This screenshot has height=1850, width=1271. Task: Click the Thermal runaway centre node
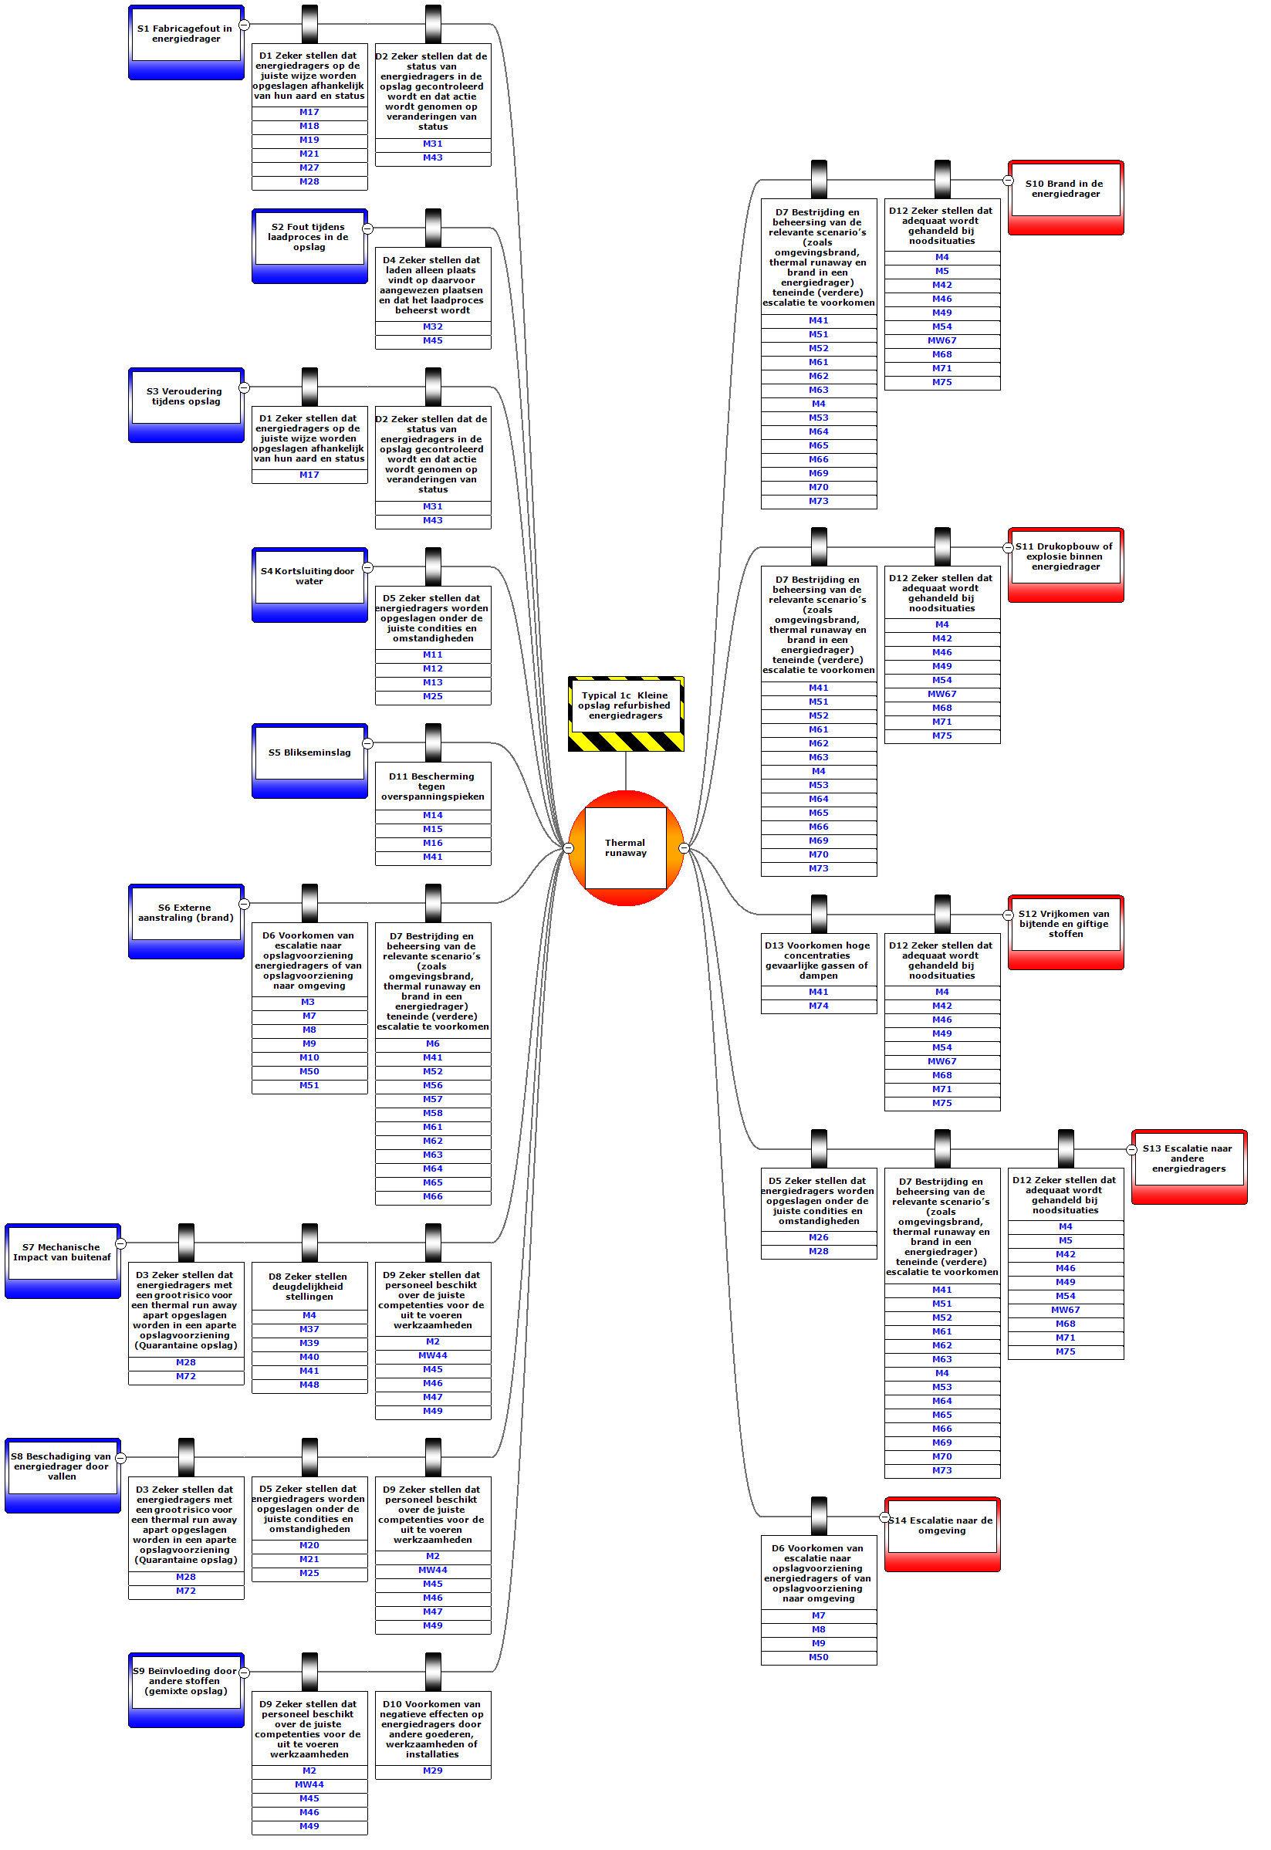click(625, 847)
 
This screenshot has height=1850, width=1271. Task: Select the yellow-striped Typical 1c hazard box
click(625, 705)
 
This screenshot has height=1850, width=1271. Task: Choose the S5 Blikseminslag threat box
click(309, 753)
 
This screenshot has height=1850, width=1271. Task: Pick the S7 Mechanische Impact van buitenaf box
click(62, 1253)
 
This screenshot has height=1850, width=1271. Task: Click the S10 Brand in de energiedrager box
click(1065, 190)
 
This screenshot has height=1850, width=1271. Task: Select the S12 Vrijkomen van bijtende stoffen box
click(1065, 924)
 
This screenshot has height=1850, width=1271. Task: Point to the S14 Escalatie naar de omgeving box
click(941, 1526)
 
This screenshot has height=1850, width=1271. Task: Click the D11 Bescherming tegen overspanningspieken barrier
click(432, 786)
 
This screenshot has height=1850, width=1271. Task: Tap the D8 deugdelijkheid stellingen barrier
click(309, 1286)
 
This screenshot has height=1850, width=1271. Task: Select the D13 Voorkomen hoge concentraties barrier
click(818, 959)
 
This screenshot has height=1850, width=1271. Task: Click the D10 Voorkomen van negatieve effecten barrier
click(432, 1729)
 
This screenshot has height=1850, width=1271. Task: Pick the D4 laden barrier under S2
click(432, 285)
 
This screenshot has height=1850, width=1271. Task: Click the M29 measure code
click(432, 1771)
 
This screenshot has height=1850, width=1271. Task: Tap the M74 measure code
click(818, 1006)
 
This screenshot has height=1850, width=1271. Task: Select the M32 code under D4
click(432, 326)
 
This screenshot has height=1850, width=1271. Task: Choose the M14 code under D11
click(432, 816)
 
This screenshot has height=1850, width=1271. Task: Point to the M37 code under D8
click(309, 1329)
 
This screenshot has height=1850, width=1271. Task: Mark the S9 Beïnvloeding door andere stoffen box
click(185, 1681)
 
